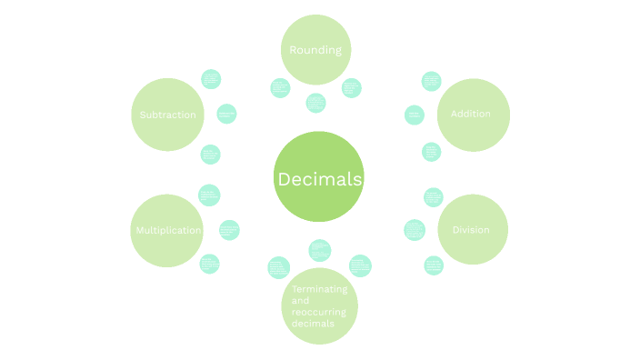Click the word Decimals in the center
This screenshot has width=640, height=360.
click(319, 179)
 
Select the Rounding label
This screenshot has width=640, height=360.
click(315, 50)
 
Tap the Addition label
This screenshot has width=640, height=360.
click(471, 115)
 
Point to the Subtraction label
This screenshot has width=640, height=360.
click(167, 115)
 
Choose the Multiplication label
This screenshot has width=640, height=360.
click(168, 230)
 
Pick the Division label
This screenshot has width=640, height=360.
click(471, 230)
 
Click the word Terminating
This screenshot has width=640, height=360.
click(319, 289)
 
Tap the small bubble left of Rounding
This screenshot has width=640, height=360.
click(281, 87)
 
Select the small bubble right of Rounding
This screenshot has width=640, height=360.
click(351, 87)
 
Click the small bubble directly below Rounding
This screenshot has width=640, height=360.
click(315, 103)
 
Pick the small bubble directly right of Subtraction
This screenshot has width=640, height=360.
click(226, 114)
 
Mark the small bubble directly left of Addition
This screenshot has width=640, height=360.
click(415, 115)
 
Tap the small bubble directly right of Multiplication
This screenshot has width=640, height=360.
click(229, 230)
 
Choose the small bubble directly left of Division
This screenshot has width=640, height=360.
click(415, 230)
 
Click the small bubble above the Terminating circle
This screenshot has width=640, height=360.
click(319, 249)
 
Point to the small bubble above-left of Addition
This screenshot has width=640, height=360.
click(432, 81)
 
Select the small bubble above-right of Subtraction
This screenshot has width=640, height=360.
click(211, 78)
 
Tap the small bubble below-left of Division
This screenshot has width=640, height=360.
click(434, 265)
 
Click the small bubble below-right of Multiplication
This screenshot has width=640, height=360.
click(210, 264)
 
